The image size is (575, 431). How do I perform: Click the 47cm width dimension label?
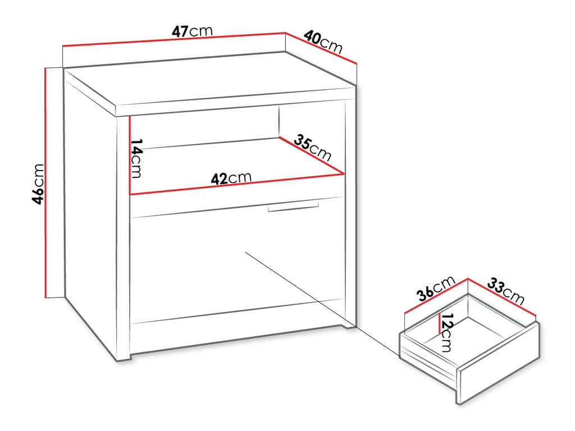[192, 30]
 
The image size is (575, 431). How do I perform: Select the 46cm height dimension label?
[38, 184]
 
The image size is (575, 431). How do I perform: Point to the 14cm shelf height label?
[136, 159]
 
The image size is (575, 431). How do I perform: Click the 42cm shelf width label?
[231, 178]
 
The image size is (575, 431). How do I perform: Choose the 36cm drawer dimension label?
[435, 288]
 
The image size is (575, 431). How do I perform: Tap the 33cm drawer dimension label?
[505, 289]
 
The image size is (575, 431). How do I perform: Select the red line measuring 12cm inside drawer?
[439, 324]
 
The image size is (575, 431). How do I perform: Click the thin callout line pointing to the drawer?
[320, 303]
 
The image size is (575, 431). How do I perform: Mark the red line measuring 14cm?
[130, 154]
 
